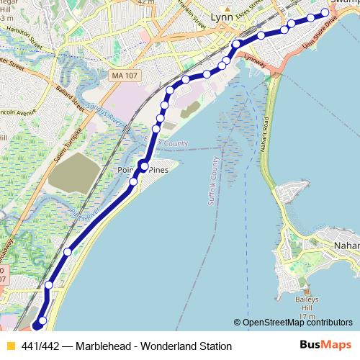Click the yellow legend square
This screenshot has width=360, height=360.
(10, 346)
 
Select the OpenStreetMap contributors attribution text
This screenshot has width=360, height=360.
(297, 323)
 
